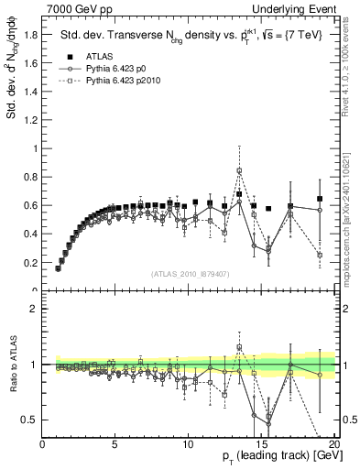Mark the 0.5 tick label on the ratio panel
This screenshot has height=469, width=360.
pyautogui.click(x=31, y=420)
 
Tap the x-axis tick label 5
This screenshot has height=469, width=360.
pyautogui.click(x=115, y=444)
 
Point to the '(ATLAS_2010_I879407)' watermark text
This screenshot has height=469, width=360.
pyautogui.click(x=190, y=272)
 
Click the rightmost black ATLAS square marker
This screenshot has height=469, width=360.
pyautogui.click(x=320, y=199)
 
